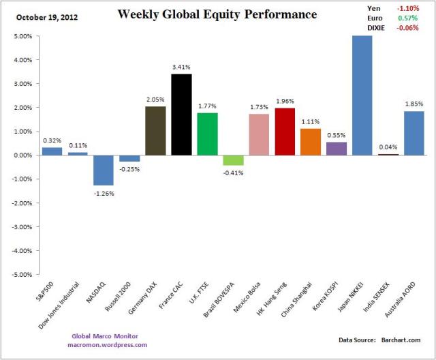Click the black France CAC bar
[182, 115]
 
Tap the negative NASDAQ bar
[104, 170]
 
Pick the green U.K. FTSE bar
[208, 134]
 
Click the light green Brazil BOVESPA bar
[234, 160]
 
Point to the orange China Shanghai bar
[311, 142]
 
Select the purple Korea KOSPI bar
[337, 149]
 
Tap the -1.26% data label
[104, 193]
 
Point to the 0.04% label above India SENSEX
[388, 147]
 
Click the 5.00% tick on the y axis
[21, 36]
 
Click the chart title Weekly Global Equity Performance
[217, 14]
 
